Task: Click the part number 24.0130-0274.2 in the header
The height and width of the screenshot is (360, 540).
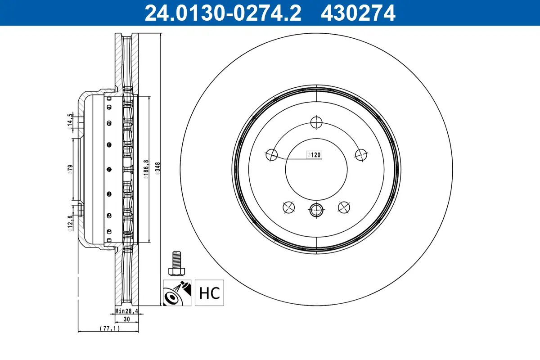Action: coord(222,13)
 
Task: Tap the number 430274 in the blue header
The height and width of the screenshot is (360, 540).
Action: coord(358,13)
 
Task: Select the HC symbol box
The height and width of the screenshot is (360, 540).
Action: coord(209,293)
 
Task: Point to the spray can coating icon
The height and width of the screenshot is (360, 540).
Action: coord(177,293)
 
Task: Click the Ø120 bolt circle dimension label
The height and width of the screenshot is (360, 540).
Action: coord(314,155)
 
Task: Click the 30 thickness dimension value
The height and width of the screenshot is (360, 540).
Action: coord(126,319)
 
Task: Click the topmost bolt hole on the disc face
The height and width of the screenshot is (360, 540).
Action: coord(316,122)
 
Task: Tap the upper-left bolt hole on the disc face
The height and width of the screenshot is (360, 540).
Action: coord(272,154)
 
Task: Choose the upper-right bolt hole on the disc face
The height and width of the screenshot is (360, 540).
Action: coord(360,154)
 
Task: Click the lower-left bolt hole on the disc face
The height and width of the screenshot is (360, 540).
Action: coord(288,207)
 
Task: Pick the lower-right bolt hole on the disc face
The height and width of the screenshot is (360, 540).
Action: coord(344,207)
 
